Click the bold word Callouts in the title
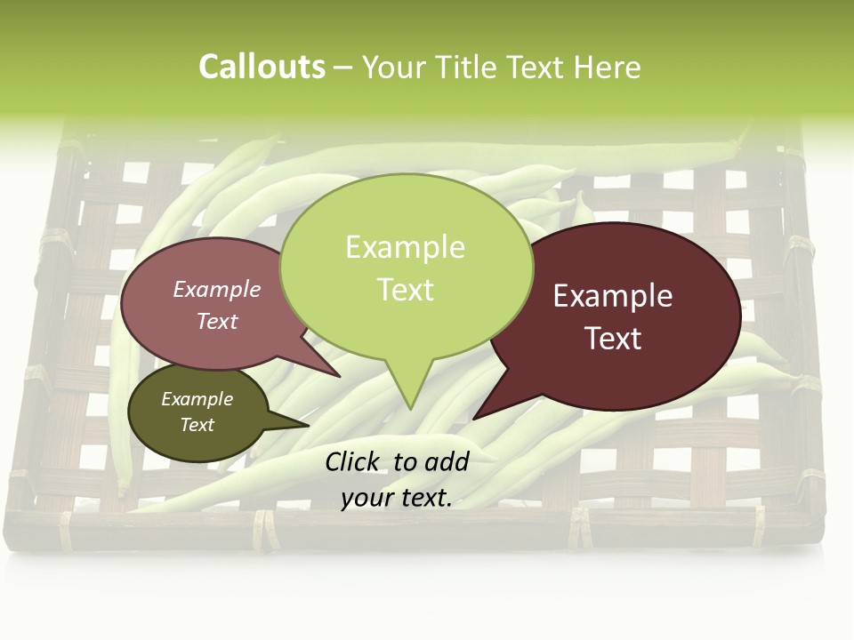262,67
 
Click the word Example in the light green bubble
405,247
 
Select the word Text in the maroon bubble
613,339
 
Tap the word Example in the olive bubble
197,399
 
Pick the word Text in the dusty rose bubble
217,322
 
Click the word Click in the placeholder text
353,462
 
